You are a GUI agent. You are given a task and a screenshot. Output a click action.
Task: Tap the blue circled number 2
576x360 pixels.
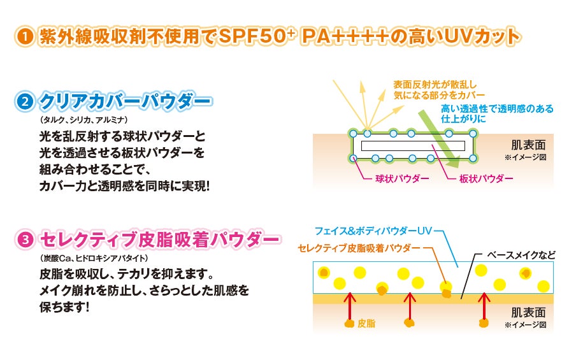pos(24,101)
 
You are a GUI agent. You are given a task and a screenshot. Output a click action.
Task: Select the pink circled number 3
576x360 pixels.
pos(24,240)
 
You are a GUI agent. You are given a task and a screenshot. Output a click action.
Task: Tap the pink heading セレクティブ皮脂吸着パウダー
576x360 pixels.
pos(159,240)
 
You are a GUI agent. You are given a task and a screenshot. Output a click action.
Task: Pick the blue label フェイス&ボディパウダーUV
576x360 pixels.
pos(369,230)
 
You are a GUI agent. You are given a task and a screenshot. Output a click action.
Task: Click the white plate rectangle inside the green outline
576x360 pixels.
pos(412,145)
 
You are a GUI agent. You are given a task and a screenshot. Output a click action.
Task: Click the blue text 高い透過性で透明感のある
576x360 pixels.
pos(497,108)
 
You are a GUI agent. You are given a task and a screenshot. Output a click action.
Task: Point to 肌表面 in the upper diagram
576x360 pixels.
pos(528,144)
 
